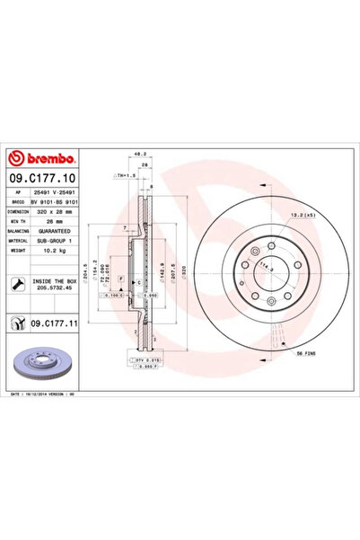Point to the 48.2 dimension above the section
coord(138,154)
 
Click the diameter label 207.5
coord(171,268)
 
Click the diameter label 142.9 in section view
coord(162,268)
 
